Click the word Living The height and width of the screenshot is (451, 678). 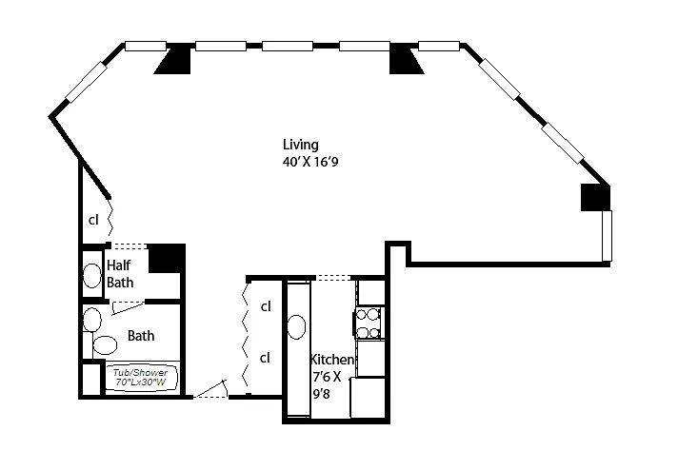click(x=300, y=145)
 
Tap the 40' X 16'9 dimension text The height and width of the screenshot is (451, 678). click(x=309, y=162)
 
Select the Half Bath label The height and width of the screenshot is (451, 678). click(x=120, y=273)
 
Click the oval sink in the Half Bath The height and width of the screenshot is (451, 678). click(x=91, y=276)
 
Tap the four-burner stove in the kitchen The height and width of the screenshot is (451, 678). click(x=368, y=322)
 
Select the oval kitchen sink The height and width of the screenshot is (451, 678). click(x=296, y=327)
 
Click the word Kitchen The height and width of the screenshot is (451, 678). click(x=332, y=361)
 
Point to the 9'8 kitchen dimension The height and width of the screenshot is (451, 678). click(x=322, y=391)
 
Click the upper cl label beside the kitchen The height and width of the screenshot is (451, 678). click(x=266, y=306)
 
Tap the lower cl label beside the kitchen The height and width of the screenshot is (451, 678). click(x=266, y=358)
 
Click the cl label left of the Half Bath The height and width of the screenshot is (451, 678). click(x=93, y=219)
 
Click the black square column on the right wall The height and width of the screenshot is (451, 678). click(x=595, y=197)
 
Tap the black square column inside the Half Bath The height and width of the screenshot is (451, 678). click(x=166, y=258)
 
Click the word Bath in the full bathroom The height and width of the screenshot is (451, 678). click(x=141, y=336)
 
